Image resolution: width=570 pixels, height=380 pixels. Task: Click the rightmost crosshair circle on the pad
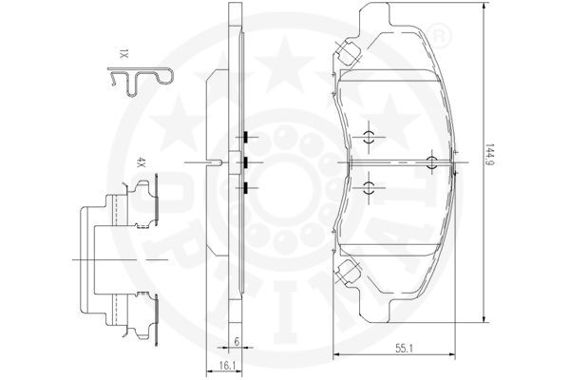click(432, 161)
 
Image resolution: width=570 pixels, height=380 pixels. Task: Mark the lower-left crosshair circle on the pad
click(370, 186)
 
